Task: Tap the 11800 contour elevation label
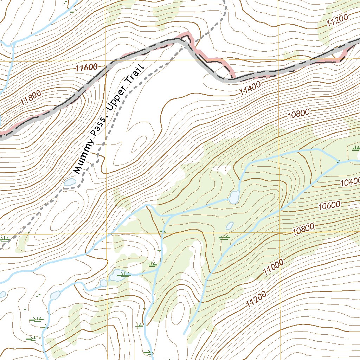(x=31, y=98)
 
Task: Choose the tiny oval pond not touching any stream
(x=230, y=225)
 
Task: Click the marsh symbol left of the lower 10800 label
(x=224, y=238)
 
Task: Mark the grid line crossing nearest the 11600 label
(x=106, y=61)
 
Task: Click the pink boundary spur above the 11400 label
(x=225, y=65)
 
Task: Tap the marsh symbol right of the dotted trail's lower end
(x=4, y=239)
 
